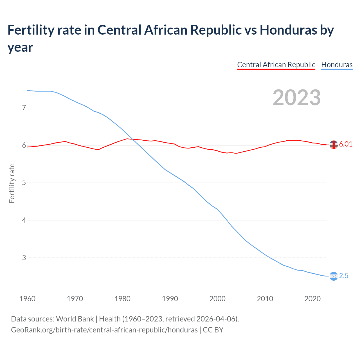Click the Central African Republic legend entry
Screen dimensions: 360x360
[276, 65]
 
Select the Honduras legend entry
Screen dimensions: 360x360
[337, 65]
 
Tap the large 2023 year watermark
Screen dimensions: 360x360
[296, 97]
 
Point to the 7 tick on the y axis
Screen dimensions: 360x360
[24, 108]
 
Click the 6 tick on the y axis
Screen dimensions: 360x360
[24, 145]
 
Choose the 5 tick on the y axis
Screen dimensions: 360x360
[24, 183]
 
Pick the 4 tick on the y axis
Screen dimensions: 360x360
[24, 220]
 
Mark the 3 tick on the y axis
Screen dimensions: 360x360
[24, 258]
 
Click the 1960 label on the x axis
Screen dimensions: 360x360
[27, 299]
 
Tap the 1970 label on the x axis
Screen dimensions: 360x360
[75, 299]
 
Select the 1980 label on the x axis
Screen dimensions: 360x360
[122, 299]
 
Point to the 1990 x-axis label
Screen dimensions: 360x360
[170, 299]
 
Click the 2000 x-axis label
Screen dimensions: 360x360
[217, 299]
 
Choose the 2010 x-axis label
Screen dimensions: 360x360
[265, 299]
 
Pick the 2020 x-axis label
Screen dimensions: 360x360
[312, 299]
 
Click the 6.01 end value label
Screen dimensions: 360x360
[346, 144]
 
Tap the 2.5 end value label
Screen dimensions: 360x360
[344, 276]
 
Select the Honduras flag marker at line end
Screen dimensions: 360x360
[334, 276]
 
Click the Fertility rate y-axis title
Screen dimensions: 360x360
[12, 183]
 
